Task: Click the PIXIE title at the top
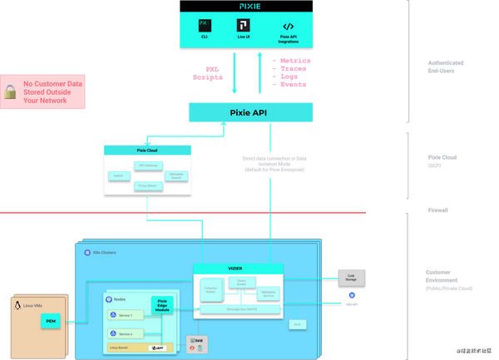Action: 250,5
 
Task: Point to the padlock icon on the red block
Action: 9,93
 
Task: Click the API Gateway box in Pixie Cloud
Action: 149,165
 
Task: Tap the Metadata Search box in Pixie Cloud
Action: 176,176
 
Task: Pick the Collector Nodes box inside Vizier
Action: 210,291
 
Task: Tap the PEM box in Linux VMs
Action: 51,320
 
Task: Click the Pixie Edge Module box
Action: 162,305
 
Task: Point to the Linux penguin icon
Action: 17,306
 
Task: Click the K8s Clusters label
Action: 106,252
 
